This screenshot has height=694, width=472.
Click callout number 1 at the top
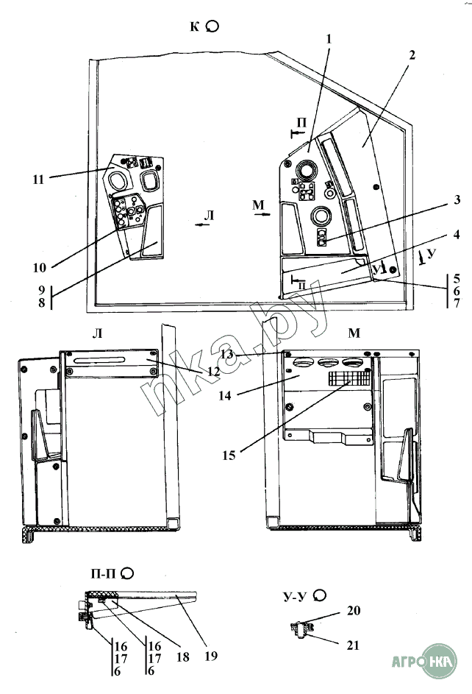pyautogui.click(x=329, y=38)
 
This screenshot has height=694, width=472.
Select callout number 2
pyautogui.click(x=412, y=56)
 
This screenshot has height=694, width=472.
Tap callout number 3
pyautogui.click(x=457, y=199)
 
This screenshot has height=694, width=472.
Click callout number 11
pyautogui.click(x=39, y=177)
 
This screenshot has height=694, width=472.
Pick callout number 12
pyautogui.click(x=213, y=372)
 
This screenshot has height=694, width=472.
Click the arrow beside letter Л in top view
pyautogui.click(x=201, y=227)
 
